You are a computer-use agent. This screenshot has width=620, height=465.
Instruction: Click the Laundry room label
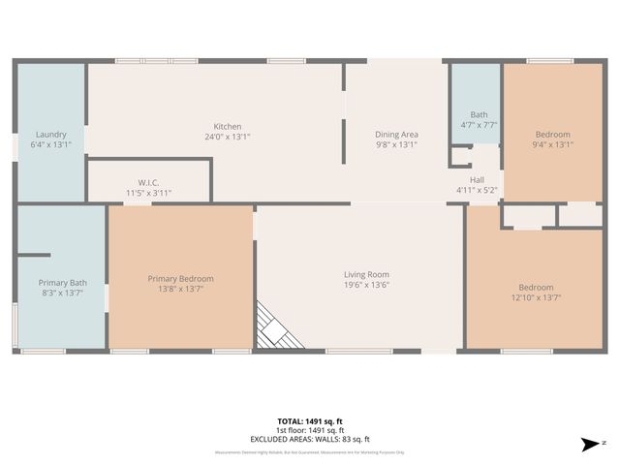point(50,134)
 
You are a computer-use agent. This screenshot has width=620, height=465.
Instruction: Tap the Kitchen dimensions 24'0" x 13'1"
point(228,137)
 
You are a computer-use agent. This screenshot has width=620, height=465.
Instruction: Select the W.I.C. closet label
point(148,181)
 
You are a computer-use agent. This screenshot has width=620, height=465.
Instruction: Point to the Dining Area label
point(395,134)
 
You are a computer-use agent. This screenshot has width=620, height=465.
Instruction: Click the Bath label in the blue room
point(479,114)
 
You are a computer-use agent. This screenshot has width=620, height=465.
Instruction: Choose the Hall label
point(477,179)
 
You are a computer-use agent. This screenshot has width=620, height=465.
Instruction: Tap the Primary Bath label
point(62,282)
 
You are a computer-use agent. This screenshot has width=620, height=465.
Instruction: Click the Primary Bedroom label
point(181,278)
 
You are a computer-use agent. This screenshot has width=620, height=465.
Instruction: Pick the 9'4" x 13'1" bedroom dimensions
point(553,144)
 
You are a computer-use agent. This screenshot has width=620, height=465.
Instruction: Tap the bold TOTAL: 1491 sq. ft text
point(310,421)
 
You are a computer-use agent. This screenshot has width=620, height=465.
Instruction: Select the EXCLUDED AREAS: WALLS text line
point(310,439)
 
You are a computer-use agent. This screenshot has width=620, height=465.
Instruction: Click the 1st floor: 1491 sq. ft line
point(310,430)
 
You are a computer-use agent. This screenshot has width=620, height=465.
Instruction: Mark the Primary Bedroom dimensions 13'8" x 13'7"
point(181,289)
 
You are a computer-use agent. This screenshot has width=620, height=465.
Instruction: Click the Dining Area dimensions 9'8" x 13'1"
point(395,144)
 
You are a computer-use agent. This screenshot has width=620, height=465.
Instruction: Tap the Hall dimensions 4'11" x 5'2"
point(477,190)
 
